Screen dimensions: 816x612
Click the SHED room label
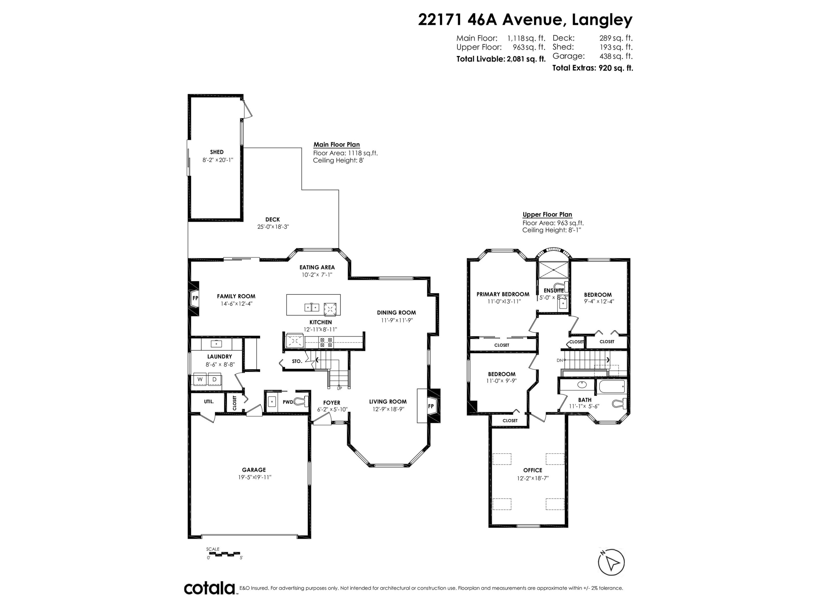pos(217,152)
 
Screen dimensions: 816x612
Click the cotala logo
pos(209,588)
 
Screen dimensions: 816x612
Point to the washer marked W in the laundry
pos(200,379)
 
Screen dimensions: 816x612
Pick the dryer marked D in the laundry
pos(214,379)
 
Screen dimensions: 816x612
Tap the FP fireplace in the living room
pos(431,406)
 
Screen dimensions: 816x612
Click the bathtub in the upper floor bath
pos(612,387)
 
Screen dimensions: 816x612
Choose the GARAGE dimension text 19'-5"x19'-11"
pos(255,477)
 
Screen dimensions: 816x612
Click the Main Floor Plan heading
pos(336,145)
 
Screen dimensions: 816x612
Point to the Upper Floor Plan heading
pos(547,215)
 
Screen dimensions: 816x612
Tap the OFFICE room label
pos(533,470)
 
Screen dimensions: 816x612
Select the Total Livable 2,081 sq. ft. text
pos(500,59)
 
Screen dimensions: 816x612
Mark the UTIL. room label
pos(209,401)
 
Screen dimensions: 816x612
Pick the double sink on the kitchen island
pos(312,307)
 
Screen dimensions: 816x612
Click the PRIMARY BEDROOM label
pos(503,294)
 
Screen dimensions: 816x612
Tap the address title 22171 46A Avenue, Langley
pos(525,20)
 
